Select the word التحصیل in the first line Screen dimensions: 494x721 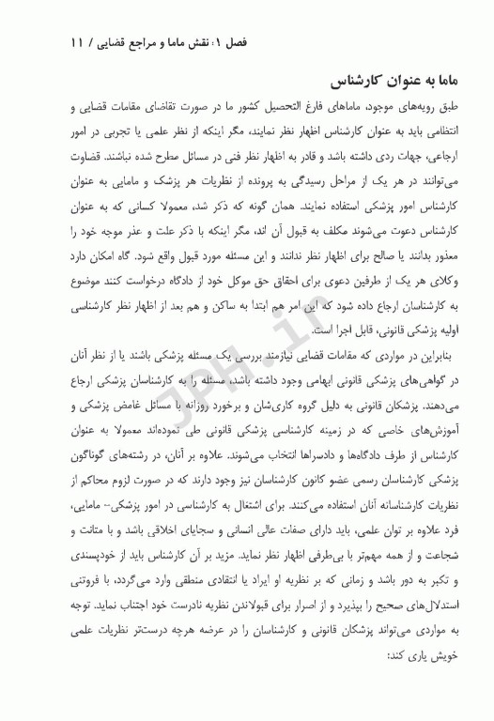260,113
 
